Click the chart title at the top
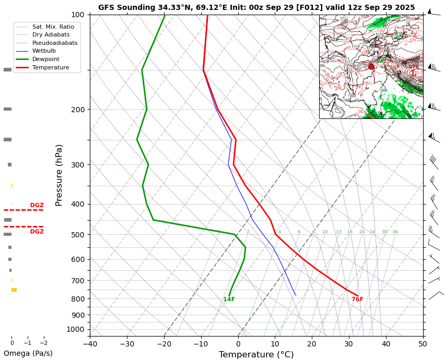tap(256, 7)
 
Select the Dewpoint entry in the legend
tap(50, 59)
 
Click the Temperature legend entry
tap(50, 68)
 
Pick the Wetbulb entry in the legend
tap(48, 51)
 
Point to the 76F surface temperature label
tap(357, 299)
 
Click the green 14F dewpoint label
tap(229, 299)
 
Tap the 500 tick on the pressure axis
tap(77, 235)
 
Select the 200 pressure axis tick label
tap(77, 110)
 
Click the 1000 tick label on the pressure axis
tap(75, 329)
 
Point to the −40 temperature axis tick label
tap(90, 344)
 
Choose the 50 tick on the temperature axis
tap(423, 344)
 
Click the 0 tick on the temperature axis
tap(238, 344)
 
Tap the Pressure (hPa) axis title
tap(59, 175)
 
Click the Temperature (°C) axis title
tap(256, 355)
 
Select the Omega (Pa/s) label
tap(28, 354)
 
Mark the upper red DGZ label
tap(37, 205)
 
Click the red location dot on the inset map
tap(371, 67)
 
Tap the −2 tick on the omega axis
tap(44, 343)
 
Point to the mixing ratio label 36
tap(395, 232)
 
